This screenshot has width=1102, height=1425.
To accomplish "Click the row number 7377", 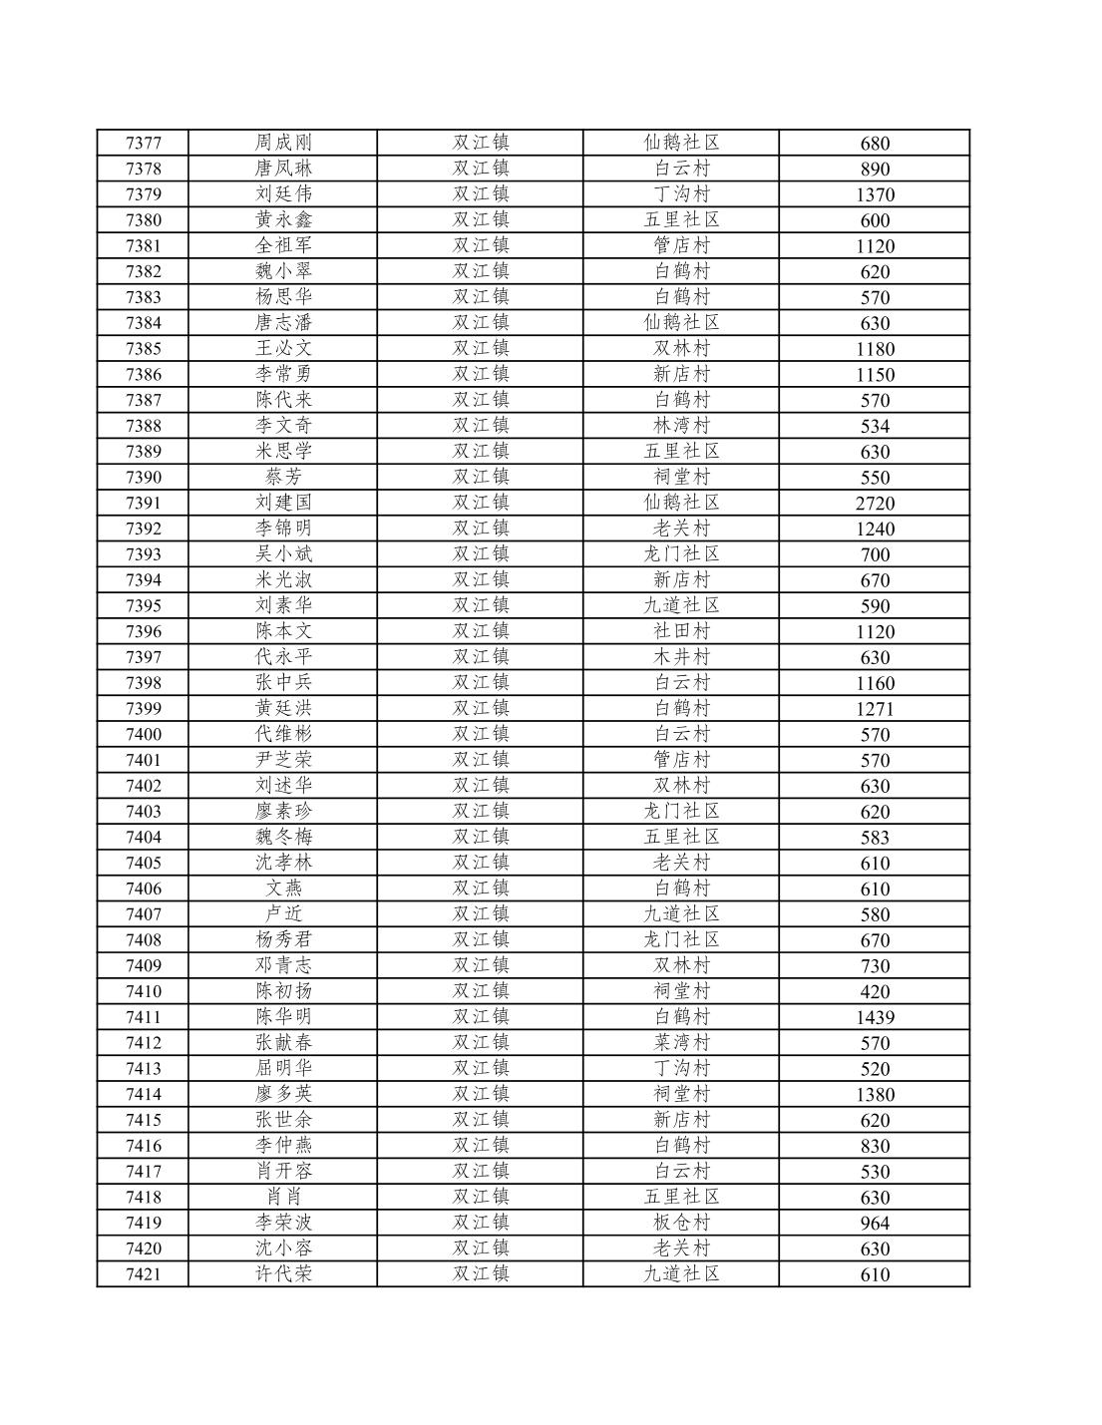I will click(x=143, y=143).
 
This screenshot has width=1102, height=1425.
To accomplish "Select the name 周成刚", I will click(x=283, y=143).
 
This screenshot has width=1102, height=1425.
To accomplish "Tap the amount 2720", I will click(x=875, y=504).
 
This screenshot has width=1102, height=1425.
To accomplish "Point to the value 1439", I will click(x=875, y=1017).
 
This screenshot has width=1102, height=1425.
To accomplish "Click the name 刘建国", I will click(x=283, y=503).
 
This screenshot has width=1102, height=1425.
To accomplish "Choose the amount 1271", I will click(x=875, y=709).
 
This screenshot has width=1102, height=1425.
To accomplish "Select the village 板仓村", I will click(x=681, y=1223).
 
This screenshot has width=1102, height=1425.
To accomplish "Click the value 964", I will click(x=875, y=1224).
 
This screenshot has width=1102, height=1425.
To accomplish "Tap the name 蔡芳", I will click(x=283, y=477).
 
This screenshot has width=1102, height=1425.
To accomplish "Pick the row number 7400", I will click(x=143, y=734).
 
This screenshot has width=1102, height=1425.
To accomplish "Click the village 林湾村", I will click(x=681, y=425).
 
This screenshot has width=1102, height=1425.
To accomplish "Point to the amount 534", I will click(x=875, y=426).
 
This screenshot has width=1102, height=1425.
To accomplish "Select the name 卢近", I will click(x=283, y=913).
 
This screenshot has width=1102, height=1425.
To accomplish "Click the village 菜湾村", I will click(x=681, y=1042).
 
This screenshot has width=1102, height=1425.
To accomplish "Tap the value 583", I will click(x=875, y=838).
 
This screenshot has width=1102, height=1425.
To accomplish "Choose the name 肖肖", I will click(x=283, y=1197).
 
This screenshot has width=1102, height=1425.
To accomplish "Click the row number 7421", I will click(x=143, y=1273).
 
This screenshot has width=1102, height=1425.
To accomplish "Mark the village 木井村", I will click(x=681, y=656).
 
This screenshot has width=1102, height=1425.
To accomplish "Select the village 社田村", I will click(x=681, y=630).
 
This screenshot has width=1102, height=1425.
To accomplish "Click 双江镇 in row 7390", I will click(x=481, y=477).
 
